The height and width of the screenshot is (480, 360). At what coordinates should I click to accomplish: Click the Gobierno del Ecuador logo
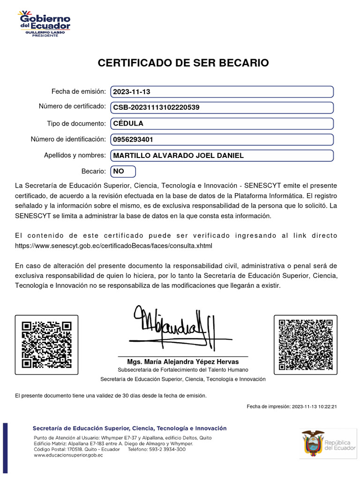(45, 24)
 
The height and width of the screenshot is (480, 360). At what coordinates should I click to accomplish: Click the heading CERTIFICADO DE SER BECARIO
(183, 63)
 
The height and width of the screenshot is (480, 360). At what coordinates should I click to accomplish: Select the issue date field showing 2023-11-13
(222, 92)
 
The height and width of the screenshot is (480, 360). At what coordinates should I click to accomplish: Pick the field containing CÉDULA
(222, 124)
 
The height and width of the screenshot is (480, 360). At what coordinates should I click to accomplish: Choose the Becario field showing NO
(123, 172)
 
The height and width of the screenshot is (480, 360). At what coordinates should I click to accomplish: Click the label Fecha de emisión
(79, 91)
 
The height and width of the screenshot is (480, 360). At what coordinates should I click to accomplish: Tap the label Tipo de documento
(76, 123)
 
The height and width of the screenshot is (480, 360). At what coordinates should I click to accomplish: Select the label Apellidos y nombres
(75, 155)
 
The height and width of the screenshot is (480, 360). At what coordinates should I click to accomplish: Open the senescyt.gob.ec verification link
(113, 246)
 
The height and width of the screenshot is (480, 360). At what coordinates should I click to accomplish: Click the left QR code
(46, 345)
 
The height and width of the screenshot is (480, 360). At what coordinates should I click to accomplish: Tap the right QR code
(305, 345)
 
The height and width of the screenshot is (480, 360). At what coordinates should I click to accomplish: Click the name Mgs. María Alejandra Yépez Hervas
(183, 362)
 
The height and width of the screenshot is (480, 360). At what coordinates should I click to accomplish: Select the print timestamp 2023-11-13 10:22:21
(314, 407)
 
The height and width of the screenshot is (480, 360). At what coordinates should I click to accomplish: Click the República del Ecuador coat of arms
(313, 442)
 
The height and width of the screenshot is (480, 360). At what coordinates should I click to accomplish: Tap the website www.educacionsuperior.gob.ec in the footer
(68, 455)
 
